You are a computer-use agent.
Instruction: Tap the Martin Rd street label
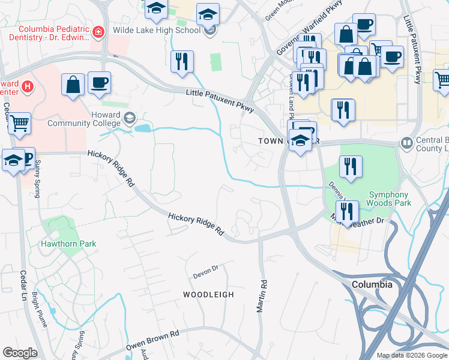[x=261, y=296]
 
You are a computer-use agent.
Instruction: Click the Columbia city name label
[x=372, y=284]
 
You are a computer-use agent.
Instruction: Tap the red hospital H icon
[x=26, y=88]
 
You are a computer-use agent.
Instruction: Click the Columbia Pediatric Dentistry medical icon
[x=97, y=32]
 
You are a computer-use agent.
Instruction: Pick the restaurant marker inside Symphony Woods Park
[x=351, y=167]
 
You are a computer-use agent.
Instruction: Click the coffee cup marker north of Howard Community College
[x=99, y=83]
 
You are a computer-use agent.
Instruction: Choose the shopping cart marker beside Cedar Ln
[x=19, y=124]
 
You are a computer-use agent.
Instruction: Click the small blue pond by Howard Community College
[x=143, y=128]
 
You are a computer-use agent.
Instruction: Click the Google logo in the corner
[x=20, y=353]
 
